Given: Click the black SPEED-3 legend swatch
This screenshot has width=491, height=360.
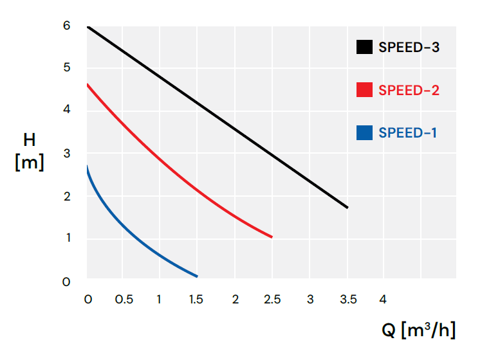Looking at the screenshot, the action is (364, 47).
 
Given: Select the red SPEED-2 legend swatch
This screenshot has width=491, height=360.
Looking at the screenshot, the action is (364, 90).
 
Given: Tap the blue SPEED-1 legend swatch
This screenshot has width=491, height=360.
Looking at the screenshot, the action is (364, 132).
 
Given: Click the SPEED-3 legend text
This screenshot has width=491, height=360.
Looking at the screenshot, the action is (409, 47).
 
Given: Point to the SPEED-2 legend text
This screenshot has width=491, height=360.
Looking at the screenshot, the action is (409, 90).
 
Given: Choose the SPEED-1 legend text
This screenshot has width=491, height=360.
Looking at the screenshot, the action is (408, 133).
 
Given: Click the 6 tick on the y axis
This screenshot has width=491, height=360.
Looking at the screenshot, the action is (66, 26).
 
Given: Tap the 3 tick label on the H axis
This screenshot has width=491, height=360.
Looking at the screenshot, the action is (67, 154).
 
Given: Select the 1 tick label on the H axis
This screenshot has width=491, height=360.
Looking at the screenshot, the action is (68, 238).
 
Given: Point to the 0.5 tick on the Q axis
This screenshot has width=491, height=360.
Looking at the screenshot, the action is (124, 300).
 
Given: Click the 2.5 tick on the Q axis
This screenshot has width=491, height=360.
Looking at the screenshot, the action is (272, 300).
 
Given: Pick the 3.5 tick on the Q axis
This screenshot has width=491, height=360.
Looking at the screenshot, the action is (348, 300).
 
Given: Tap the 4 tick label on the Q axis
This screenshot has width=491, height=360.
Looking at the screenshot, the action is (383, 300).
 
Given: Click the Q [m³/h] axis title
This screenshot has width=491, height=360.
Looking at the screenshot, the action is (418, 330).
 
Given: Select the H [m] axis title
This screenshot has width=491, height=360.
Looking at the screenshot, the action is (30, 151).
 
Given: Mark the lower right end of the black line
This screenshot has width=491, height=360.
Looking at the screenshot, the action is (347, 208).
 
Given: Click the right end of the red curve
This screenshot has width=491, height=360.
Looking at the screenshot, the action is (272, 237).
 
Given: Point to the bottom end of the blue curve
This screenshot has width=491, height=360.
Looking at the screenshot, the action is (197, 276).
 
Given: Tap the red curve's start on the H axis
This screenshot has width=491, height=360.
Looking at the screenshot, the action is (88, 84).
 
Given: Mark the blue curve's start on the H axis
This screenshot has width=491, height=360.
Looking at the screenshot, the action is (87, 166).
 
